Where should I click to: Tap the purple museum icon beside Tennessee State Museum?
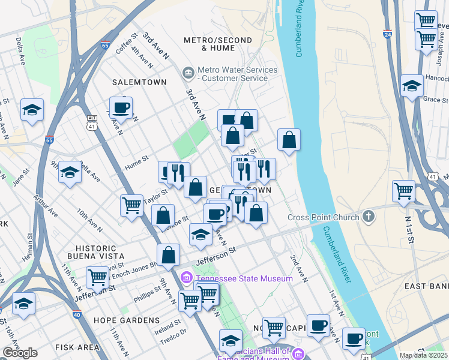pyautogui.click(x=186, y=278)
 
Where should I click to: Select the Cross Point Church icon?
pyautogui.click(x=369, y=217)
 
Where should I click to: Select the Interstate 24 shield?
pyautogui.click(x=388, y=35)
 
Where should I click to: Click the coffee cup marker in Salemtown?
pyautogui.click(x=121, y=107)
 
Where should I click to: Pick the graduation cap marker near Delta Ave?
pyautogui.click(x=32, y=110)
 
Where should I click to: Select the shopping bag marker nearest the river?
pyautogui.click(x=289, y=140)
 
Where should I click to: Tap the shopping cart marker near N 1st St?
pyautogui.click(x=403, y=191)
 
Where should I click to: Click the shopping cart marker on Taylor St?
pyautogui.click(x=131, y=206)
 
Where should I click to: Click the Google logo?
pyautogui.click(x=20, y=353)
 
